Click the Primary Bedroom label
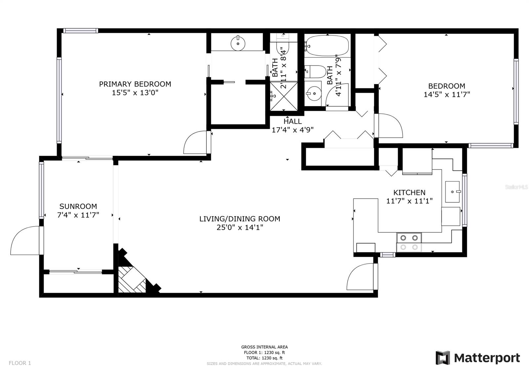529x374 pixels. pyautogui.click(x=135, y=84)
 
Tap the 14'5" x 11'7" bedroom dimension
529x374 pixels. pyautogui.click(x=447, y=95)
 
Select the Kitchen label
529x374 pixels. pyautogui.click(x=409, y=192)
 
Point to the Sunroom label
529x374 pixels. pyautogui.click(x=78, y=206)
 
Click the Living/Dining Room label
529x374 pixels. pyautogui.click(x=240, y=219)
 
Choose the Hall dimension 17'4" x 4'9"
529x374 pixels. pyautogui.click(x=293, y=130)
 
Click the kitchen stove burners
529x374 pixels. pyautogui.click(x=409, y=242)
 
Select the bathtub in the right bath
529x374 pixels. pyautogui.click(x=327, y=46)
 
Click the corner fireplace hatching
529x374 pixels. pyautogui.click(x=132, y=279)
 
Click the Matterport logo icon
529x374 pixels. pyautogui.click(x=443, y=358)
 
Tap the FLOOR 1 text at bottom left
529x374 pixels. pyautogui.click(x=20, y=363)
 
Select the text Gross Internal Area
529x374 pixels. pyautogui.click(x=264, y=347)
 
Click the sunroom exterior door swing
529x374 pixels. pyautogui.click(x=25, y=240)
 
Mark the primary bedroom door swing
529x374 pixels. pyautogui.click(x=195, y=142)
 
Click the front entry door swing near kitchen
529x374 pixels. pyautogui.click(x=360, y=277)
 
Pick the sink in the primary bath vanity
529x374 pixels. pyautogui.click(x=238, y=43)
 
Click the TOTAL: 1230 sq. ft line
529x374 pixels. pyautogui.click(x=264, y=358)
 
